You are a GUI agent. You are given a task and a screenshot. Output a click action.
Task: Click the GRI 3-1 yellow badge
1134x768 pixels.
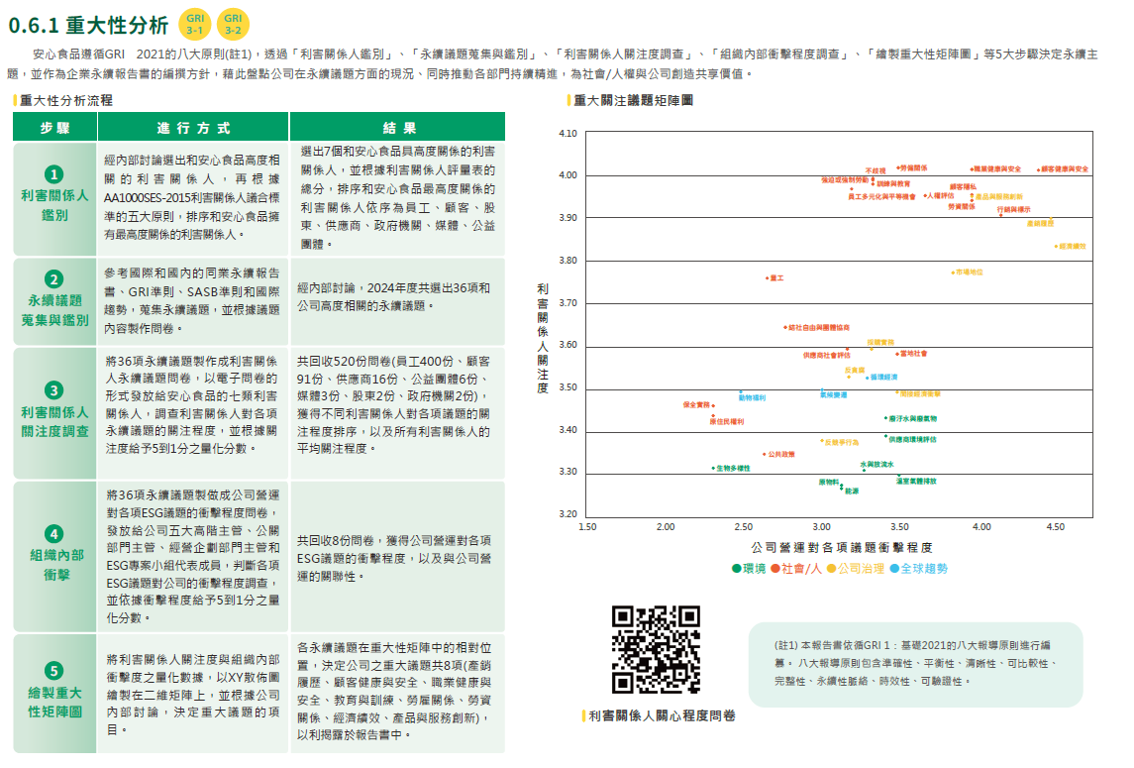tap(194, 25)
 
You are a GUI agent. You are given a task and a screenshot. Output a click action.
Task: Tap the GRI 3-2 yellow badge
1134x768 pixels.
tap(234, 25)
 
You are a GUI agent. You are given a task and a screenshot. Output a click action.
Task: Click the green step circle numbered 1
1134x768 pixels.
tap(54, 174)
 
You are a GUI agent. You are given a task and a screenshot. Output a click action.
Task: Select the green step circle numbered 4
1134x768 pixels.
tap(54, 533)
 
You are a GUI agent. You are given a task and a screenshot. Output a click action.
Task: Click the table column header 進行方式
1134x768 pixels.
tap(193, 128)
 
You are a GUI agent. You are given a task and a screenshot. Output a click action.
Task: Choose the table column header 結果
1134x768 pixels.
tap(397, 128)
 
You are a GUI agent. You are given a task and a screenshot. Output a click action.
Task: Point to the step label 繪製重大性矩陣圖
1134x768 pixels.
tap(54, 702)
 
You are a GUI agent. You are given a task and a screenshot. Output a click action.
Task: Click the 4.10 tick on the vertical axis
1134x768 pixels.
tap(567, 134)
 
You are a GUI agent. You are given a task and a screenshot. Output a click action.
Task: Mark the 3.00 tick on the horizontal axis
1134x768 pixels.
tap(822, 527)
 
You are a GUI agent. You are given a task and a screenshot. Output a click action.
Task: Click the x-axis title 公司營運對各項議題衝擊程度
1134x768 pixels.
tap(842, 547)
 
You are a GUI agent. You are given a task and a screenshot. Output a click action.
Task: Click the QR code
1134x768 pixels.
tap(657, 649)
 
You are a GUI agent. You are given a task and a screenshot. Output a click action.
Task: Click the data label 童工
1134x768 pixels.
tap(776, 278)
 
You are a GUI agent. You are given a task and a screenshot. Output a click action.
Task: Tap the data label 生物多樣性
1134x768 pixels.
tap(733, 468)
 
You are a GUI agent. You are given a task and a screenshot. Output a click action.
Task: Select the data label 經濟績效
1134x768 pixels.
tap(1073, 246)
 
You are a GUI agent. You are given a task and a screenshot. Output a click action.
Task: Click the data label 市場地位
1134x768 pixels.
tap(969, 272)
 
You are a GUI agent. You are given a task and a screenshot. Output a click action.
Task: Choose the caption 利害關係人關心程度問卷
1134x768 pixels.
tap(662, 715)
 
